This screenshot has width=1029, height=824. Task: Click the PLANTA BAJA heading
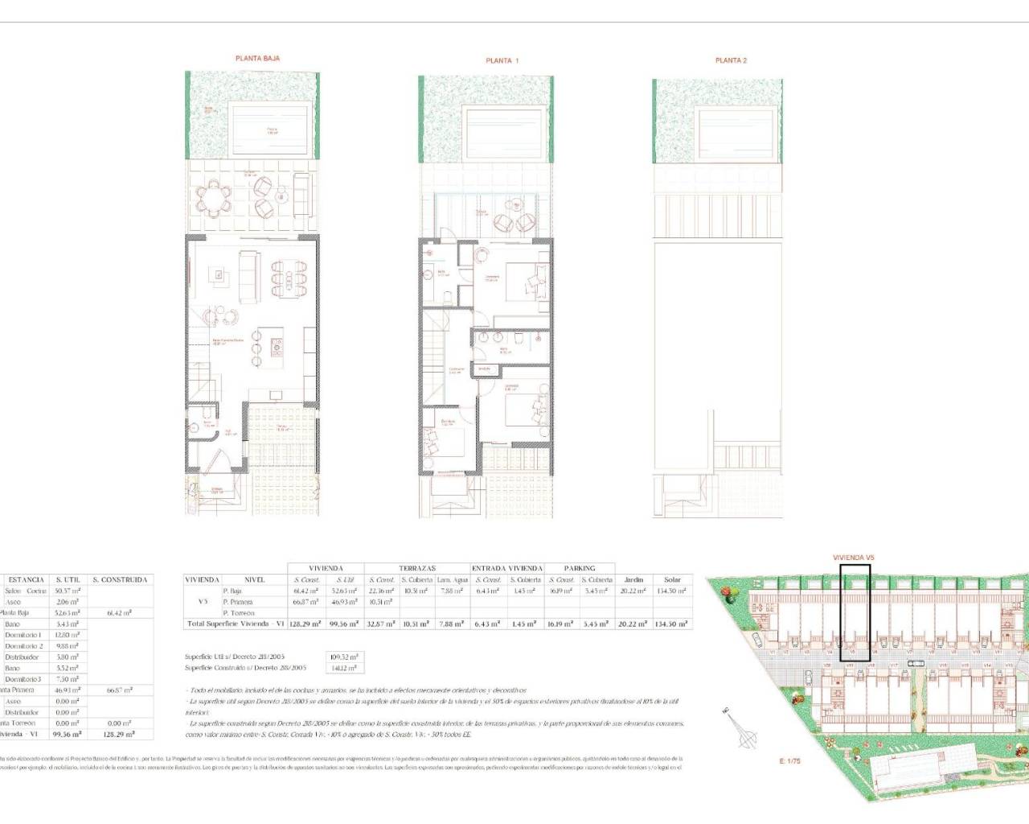257,58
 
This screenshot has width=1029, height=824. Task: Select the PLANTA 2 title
731,60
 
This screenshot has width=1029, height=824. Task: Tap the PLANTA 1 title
502,60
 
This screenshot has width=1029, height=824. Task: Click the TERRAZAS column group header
416,568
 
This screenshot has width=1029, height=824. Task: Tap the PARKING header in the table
580,568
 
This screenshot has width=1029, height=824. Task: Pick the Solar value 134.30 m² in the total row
672,624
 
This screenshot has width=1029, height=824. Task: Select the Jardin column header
633,579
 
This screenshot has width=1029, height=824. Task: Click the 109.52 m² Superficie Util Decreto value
343,657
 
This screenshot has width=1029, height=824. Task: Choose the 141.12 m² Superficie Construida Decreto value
343,668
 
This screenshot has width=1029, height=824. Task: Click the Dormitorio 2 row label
24,646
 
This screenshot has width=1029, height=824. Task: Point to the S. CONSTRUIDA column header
120,579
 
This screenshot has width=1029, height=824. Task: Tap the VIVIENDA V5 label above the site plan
853,557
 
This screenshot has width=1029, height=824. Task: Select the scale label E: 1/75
789,760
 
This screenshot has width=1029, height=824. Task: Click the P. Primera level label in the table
239,602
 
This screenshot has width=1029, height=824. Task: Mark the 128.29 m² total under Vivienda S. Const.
305,624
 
